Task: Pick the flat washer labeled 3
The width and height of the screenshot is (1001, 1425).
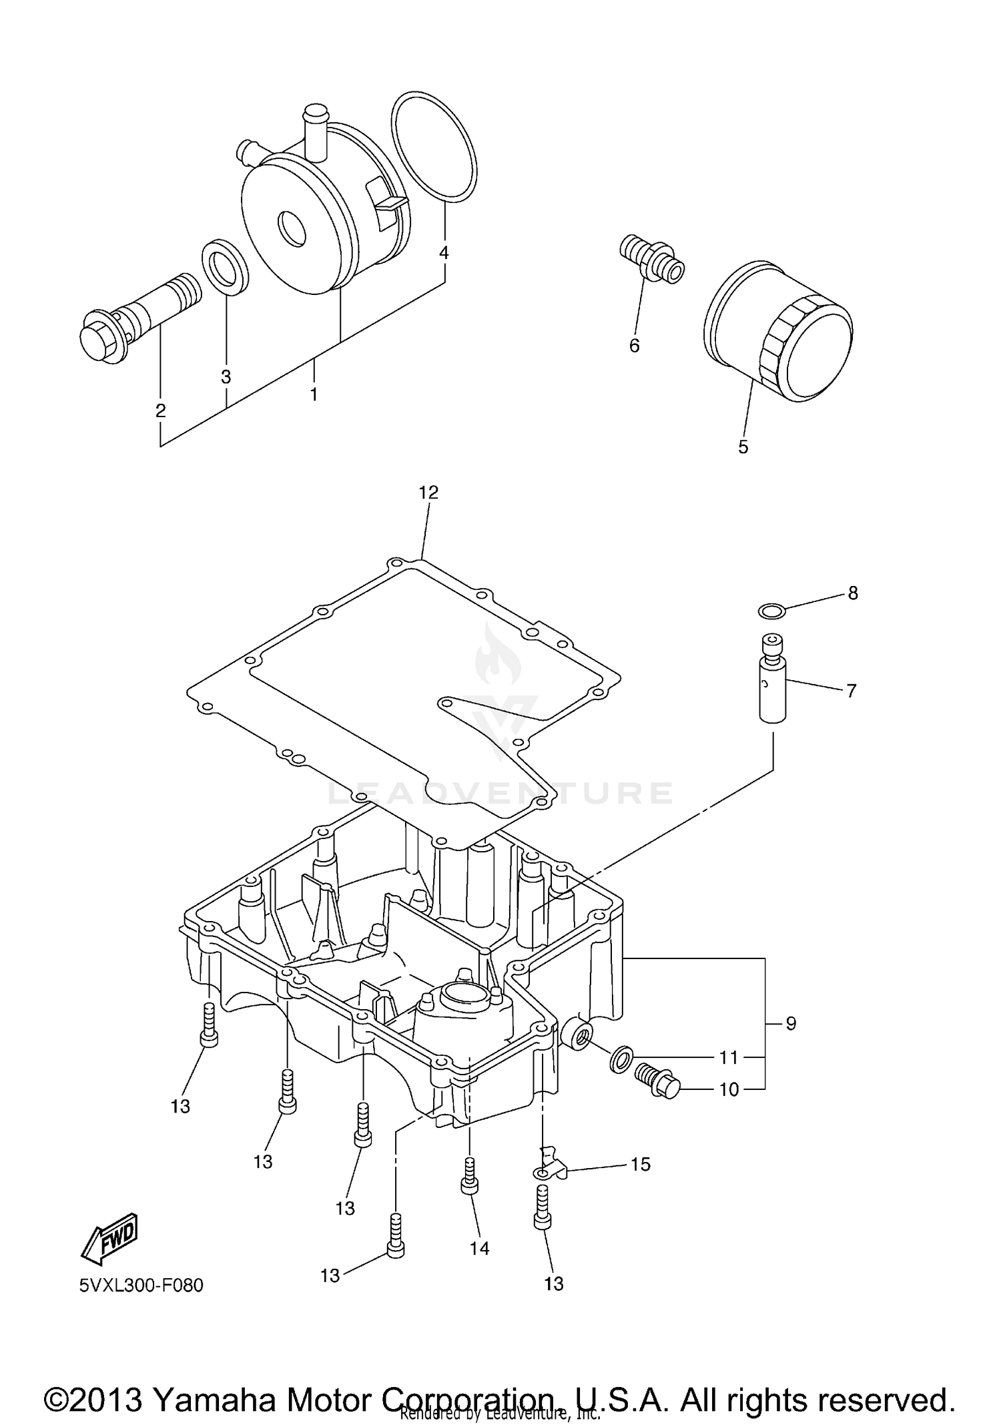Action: pyautogui.click(x=226, y=266)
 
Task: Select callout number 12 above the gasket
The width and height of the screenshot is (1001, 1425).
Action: pyautogui.click(x=428, y=493)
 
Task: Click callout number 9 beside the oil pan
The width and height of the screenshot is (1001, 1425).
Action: pyautogui.click(x=790, y=1023)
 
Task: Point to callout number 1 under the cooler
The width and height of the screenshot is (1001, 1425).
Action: pyautogui.click(x=313, y=394)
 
